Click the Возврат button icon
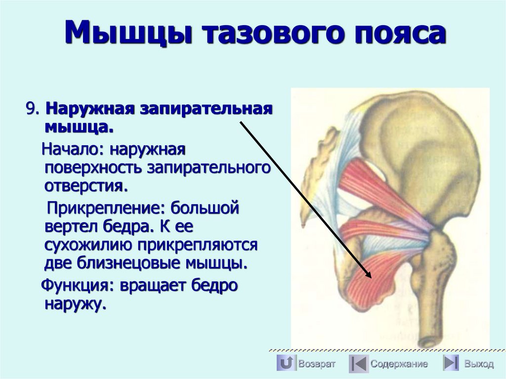point(286,363)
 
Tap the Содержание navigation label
point(399,364)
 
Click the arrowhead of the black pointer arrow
point(370,277)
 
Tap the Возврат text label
point(317,364)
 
